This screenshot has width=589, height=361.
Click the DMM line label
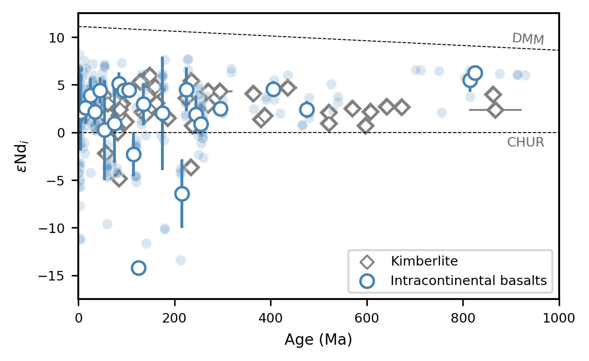(527, 39)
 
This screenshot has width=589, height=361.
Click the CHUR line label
(525, 142)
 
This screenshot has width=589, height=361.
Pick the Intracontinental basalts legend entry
(469, 281)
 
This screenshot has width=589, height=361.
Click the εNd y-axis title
(21, 156)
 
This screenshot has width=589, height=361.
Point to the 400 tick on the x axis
(271, 299)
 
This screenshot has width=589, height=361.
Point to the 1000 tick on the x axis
(559, 299)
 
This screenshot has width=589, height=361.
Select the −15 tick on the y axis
(78, 275)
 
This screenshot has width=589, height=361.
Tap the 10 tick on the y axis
(78, 38)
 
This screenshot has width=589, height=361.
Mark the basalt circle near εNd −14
(138, 268)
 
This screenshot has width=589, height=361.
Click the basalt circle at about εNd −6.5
(182, 194)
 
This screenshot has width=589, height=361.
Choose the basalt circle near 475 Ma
(307, 109)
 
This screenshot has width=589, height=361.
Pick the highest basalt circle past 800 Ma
(475, 73)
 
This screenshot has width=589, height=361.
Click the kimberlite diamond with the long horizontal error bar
(495, 110)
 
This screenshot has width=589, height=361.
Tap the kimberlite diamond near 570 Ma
(352, 109)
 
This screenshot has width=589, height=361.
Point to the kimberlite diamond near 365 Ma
(253, 94)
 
